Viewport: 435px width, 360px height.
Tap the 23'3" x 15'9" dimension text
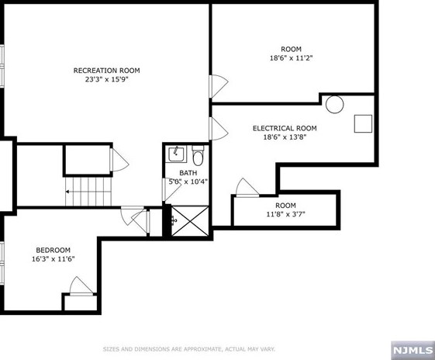coord(106,79)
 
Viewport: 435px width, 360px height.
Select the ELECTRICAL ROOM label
coord(285,129)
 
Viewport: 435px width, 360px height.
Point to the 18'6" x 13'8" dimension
coord(285,137)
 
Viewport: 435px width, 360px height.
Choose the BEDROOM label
coord(53,250)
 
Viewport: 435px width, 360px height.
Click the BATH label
coord(188,173)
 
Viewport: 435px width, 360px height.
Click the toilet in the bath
coord(197,155)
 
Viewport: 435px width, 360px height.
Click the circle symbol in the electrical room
coord(334,104)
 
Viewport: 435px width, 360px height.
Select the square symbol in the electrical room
coord(364,123)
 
